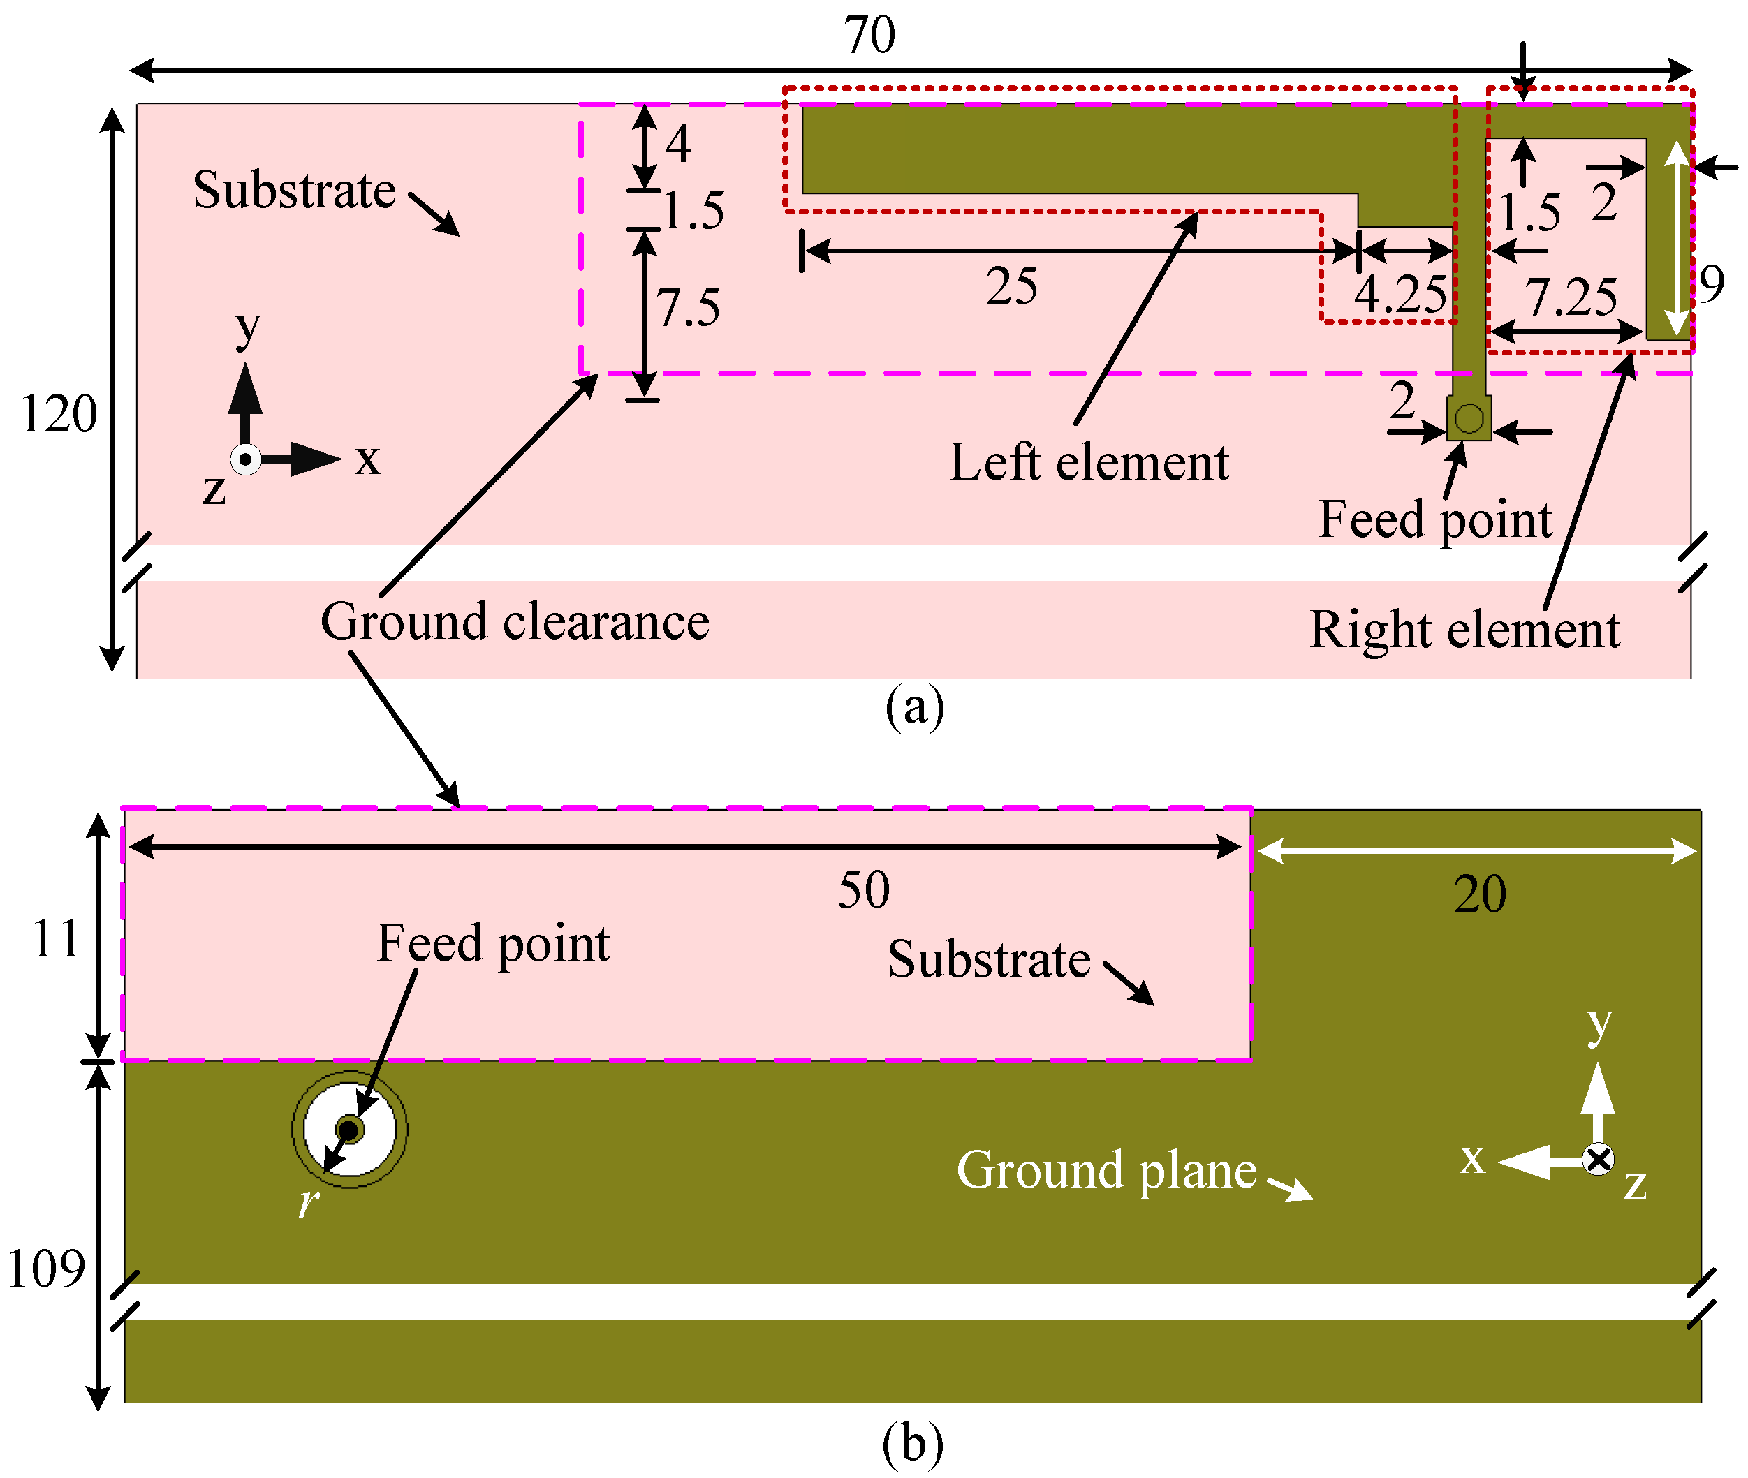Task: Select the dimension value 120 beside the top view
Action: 58,414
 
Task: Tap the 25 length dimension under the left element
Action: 1011,286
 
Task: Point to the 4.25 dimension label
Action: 1400,295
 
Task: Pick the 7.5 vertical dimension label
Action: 687,307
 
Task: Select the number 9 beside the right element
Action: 1712,284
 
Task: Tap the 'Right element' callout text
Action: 1464,630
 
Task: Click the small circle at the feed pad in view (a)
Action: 1469,418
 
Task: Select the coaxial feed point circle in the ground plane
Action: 349,1130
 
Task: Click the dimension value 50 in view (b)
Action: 864,890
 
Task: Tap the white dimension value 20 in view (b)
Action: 1480,894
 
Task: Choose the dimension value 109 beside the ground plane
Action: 46,1268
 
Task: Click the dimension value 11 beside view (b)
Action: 55,938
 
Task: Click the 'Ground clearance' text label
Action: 515,621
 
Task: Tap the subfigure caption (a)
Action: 914,707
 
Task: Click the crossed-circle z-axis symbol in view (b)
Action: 1598,1160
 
